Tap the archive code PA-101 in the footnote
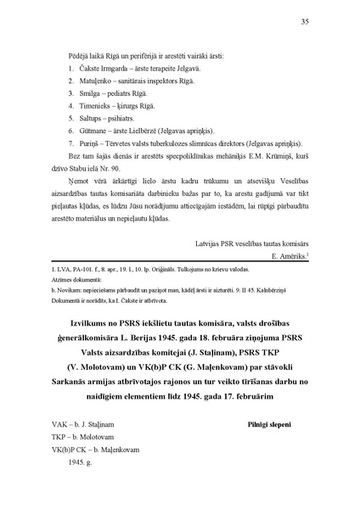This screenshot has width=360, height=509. click(x=79, y=269)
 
